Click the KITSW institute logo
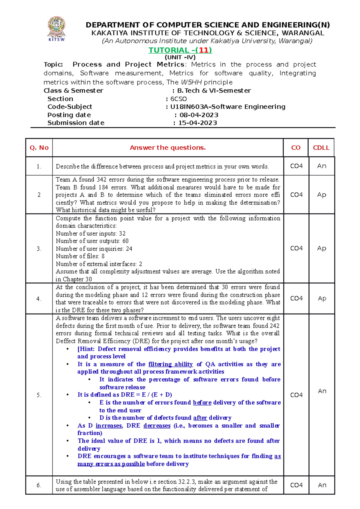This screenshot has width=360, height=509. coord(56,29)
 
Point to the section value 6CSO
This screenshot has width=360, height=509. coord(178,99)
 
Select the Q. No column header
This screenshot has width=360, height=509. coord(39,147)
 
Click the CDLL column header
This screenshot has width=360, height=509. coord(321,147)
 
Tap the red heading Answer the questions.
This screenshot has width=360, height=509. coord(168,147)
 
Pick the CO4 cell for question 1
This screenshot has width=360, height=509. coord(296,166)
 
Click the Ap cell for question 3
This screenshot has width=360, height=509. coord(322,248)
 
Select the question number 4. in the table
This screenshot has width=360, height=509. coord(39,299)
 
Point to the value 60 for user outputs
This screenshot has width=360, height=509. coord(125,241)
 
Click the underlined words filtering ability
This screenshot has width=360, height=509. coord(170,364)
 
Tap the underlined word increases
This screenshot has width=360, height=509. coord(109,426)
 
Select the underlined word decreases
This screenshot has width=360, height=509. coord(157,426)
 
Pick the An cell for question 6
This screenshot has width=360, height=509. coord(322,485)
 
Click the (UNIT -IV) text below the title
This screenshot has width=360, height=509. coord(180,57)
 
